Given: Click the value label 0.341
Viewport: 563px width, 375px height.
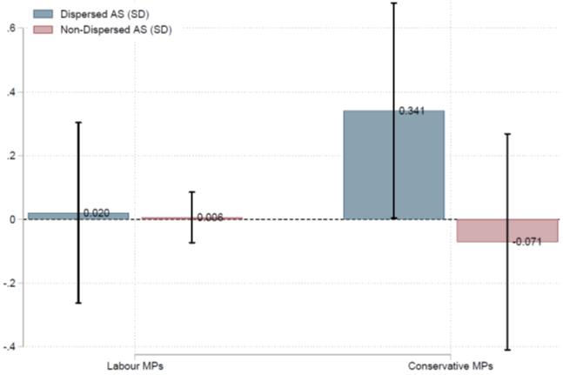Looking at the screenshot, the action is pos(412,110).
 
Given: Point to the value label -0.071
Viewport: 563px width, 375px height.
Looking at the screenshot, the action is pos(526,242).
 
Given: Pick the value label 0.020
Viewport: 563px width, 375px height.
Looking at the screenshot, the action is pos(97,213).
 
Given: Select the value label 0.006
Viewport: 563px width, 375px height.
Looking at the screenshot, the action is pos(210,218).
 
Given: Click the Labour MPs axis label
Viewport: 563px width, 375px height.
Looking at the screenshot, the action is pos(135,366).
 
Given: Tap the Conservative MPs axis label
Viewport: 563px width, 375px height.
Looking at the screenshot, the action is pos(450,366).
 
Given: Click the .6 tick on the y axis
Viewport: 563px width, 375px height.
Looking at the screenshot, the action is pos(11,28).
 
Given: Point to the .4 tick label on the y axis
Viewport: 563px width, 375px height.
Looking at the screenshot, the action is pos(11,92).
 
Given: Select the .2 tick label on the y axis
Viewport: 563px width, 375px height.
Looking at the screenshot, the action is pos(11,156).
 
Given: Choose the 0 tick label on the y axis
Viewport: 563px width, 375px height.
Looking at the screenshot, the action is pos(13,219).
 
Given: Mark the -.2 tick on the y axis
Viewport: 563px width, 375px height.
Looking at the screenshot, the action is pos(10,283).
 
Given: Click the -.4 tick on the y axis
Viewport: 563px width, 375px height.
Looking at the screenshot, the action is pos(10,347).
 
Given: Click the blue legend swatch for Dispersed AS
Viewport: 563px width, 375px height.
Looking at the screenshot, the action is pos(44,14).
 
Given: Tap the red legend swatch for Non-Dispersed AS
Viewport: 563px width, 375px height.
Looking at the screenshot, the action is pos(44,30).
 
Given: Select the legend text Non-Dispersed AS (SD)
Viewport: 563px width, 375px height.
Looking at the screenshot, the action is pos(116,30).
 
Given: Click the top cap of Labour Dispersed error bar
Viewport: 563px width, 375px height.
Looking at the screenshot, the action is pos(78,123).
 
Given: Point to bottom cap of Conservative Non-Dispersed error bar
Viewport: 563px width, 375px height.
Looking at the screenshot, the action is pos(507,350).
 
